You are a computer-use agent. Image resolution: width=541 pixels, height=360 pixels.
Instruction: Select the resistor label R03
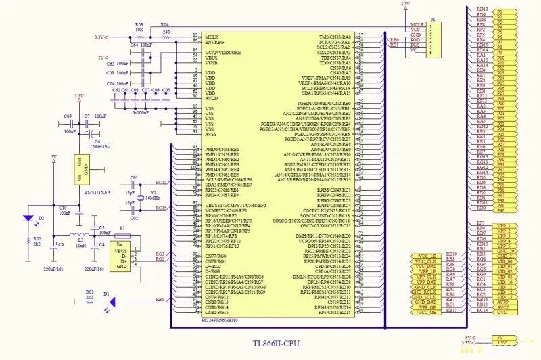(x=139, y=24)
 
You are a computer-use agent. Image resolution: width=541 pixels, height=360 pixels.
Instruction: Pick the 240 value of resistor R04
(x=166, y=31)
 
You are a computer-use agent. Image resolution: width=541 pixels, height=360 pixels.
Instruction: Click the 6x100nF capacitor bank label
(x=140, y=112)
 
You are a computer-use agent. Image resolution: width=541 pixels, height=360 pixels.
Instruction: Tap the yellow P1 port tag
(x=500, y=12)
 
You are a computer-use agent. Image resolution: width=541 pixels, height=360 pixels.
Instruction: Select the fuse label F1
(x=122, y=228)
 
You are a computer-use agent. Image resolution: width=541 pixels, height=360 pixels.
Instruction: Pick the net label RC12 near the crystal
(x=161, y=183)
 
